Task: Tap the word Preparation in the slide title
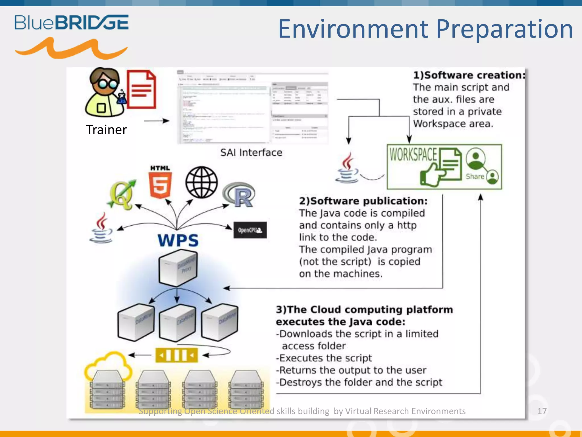[504, 29]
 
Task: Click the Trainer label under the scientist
[106, 130]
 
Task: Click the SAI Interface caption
[251, 152]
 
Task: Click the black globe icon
[201, 182]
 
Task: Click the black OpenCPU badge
[250, 230]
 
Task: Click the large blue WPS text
[178, 240]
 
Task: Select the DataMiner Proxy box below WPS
[178, 267]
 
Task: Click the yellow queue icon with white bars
[176, 355]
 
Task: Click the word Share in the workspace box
[475, 177]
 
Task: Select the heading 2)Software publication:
[363, 201]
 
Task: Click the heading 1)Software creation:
[469, 75]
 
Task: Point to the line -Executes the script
[324, 358]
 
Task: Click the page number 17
[542, 411]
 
